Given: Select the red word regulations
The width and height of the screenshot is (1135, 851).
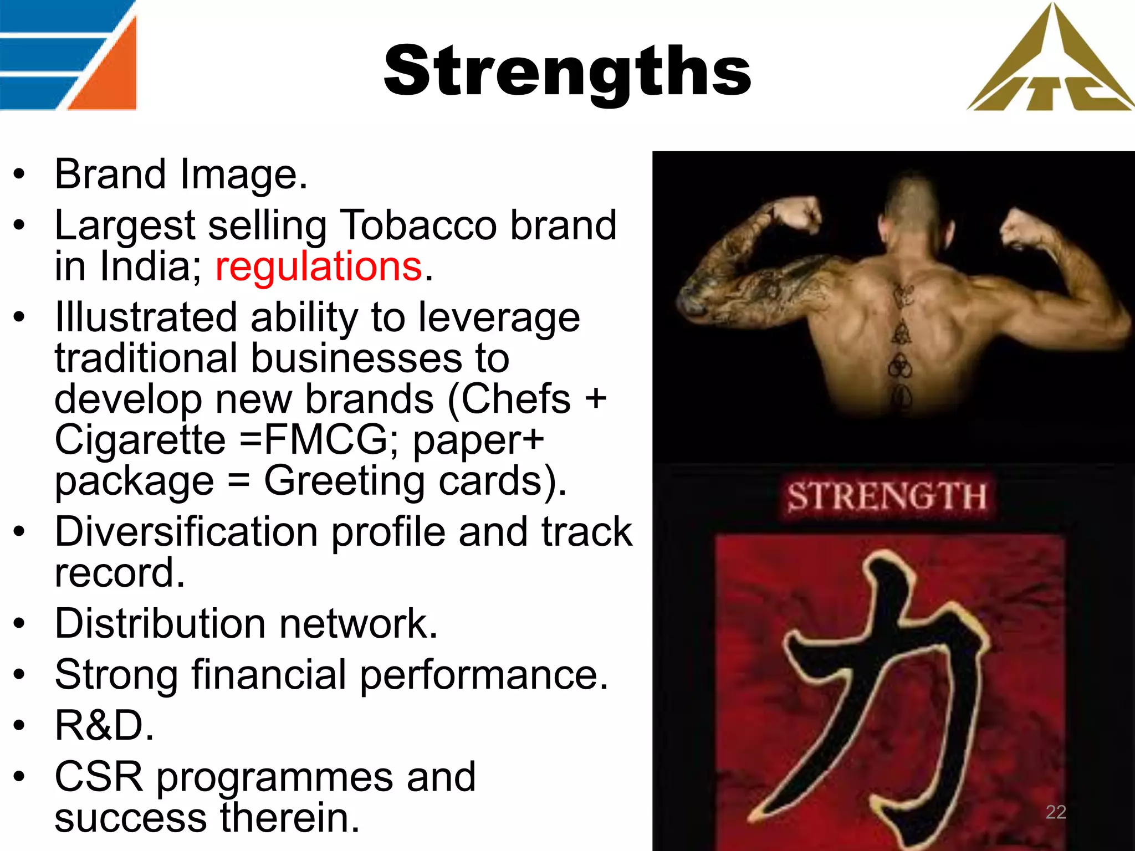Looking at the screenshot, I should [x=319, y=267].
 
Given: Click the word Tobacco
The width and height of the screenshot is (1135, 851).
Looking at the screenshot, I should [x=418, y=225].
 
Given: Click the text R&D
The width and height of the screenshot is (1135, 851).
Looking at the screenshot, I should [x=104, y=725].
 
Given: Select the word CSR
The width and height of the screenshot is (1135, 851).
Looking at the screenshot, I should [x=99, y=777].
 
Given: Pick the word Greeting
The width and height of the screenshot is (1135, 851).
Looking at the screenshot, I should [x=344, y=481].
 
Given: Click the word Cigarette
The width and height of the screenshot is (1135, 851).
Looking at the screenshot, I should [x=140, y=440].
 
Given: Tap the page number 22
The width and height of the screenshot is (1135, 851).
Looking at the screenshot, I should [x=1055, y=812].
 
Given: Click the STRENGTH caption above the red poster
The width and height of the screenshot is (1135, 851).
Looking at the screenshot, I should [x=886, y=496].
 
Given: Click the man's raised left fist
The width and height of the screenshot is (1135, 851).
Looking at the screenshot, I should [x=797, y=213].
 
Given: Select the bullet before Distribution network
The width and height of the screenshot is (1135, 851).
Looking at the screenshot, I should [x=20, y=624].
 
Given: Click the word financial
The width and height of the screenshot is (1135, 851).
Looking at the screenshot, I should [x=269, y=675].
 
